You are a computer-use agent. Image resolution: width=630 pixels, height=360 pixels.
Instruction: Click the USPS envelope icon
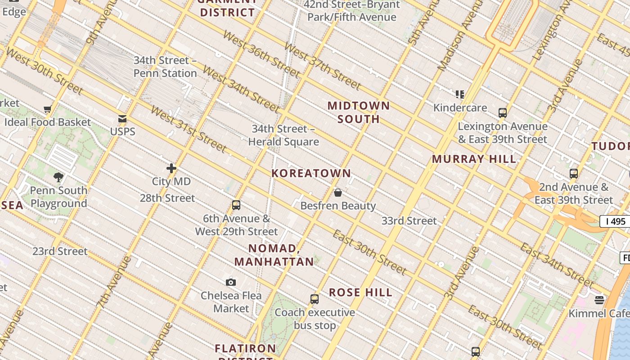point(122,119)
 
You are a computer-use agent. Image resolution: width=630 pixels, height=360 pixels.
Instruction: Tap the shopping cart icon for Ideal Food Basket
point(47,109)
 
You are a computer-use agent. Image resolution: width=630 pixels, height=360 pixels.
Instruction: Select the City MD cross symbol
point(171,168)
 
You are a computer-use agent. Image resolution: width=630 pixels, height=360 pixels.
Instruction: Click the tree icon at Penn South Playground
point(58,177)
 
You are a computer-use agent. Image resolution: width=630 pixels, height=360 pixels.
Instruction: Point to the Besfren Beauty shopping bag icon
point(338,193)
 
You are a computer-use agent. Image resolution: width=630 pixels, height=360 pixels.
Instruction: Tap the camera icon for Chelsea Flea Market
point(231,282)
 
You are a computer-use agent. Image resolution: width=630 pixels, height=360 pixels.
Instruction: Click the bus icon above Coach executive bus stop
point(315,299)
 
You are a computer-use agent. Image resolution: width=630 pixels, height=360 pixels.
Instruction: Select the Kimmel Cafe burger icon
point(599,300)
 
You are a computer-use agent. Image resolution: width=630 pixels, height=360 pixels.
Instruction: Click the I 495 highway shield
point(616,221)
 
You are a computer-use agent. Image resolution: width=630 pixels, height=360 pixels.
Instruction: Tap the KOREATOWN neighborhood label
point(311,173)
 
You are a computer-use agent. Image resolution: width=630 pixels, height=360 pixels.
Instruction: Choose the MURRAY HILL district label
point(474,159)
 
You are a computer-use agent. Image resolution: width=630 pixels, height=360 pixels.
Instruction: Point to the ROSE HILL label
point(360,292)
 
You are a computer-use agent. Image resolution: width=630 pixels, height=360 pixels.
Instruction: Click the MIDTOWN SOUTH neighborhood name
point(359,112)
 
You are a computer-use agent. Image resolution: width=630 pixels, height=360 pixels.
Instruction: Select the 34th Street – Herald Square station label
point(283,135)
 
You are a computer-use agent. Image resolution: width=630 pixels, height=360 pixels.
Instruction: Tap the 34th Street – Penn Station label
point(165,67)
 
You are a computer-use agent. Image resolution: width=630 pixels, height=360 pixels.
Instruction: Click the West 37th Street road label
point(322,66)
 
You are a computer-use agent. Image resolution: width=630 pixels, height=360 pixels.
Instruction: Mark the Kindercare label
point(460,108)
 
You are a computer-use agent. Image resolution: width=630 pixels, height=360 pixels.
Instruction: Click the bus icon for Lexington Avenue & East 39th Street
point(503,113)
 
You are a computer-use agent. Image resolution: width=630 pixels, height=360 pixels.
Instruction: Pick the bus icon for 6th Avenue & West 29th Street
point(236,206)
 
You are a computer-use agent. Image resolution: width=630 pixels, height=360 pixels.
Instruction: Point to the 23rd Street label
point(60,251)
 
